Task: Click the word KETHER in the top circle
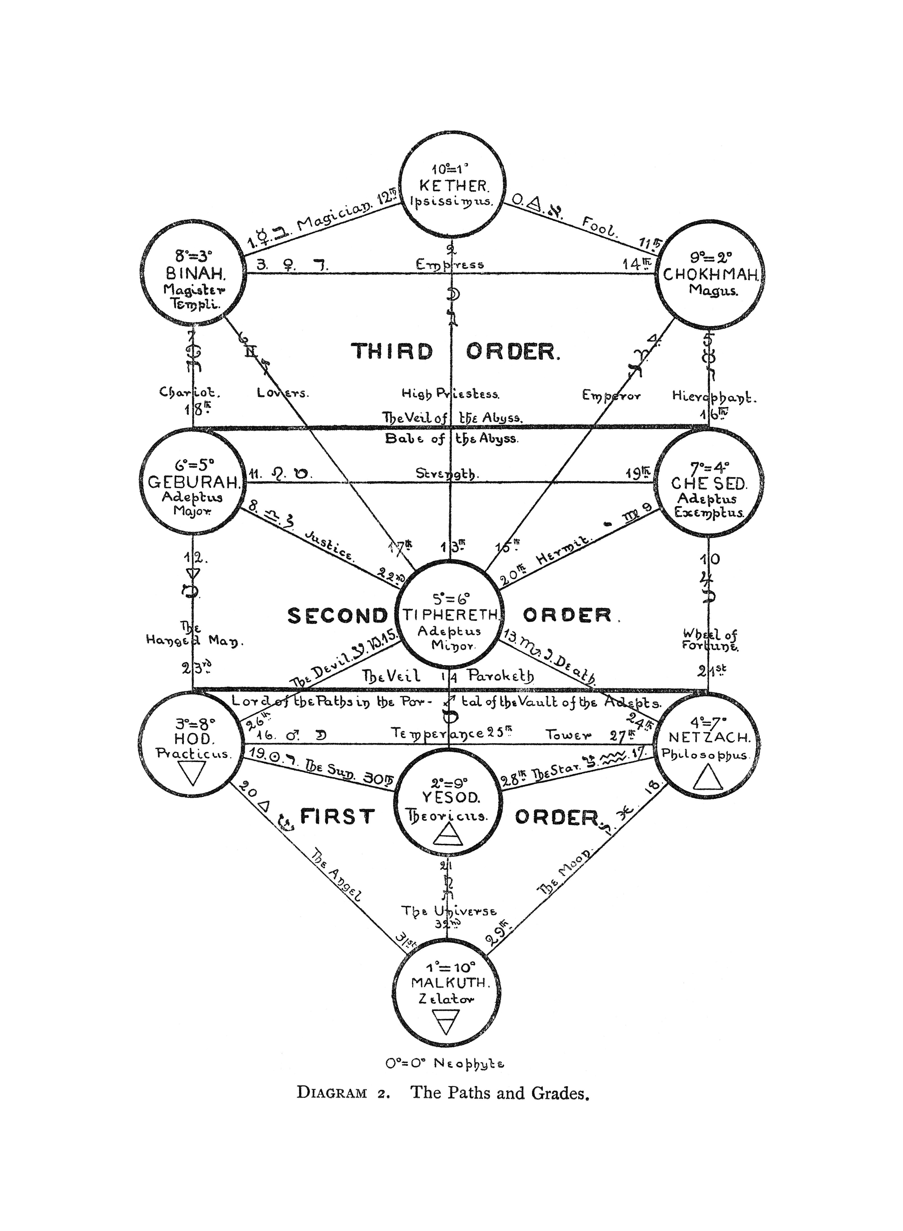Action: (453, 186)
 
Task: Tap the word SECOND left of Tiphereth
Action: (337, 616)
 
